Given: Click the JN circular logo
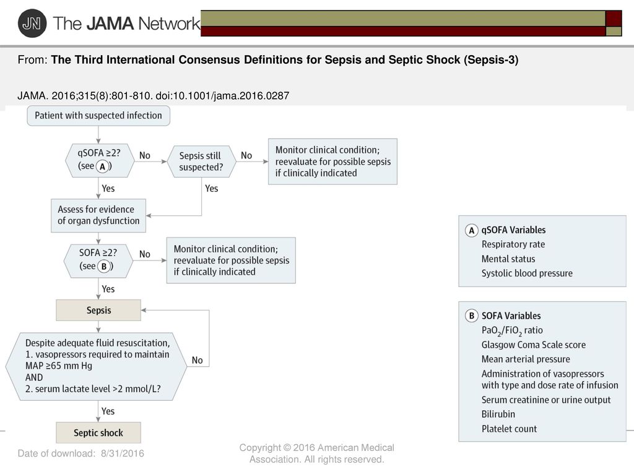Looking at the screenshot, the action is point(32,24).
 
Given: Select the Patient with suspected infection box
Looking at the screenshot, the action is point(98,116).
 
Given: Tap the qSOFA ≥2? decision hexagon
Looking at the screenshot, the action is point(100,160).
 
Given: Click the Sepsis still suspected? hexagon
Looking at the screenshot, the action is point(201,161).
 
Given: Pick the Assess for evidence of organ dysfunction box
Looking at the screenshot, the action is point(98,215).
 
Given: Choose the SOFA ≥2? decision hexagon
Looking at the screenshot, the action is point(98,260).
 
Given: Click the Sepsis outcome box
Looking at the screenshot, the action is point(98,310).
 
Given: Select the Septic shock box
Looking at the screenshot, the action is point(98,432).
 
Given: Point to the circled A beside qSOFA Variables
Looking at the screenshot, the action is point(471,230).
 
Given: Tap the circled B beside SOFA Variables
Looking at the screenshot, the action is point(471,315).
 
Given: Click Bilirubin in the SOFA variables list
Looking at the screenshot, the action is point(498,414).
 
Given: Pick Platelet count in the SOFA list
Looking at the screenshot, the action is point(509,429).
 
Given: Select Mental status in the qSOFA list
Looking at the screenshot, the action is point(508,259).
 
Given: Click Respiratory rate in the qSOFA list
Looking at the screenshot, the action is point(513,244).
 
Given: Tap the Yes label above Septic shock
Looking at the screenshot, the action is point(108,411).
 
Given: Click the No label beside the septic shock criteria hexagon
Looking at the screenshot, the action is point(198,361).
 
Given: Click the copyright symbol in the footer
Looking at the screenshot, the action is point(287,448).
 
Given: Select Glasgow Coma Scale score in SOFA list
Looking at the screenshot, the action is point(533,344).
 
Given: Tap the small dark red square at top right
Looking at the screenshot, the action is point(614,19).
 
